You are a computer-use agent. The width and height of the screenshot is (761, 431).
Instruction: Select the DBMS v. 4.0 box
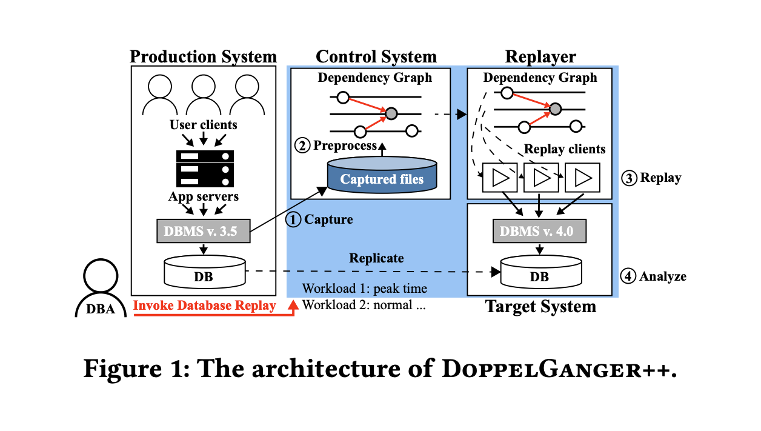tap(539, 231)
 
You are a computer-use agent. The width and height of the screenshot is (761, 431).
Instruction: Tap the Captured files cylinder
tap(382, 175)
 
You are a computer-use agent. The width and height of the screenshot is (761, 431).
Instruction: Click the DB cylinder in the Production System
tap(205, 272)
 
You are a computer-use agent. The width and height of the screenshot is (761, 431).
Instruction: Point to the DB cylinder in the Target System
tap(540, 272)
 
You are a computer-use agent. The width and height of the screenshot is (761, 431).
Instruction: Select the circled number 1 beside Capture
tap(294, 219)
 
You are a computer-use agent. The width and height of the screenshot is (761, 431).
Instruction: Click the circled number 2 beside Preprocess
tap(301, 145)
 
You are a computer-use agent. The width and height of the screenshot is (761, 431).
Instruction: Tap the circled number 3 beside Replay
tap(630, 178)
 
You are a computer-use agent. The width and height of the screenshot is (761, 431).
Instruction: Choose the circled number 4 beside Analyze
tap(630, 276)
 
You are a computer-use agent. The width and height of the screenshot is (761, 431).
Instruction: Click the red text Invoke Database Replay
tap(204, 306)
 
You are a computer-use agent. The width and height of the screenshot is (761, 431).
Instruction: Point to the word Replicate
tap(376, 258)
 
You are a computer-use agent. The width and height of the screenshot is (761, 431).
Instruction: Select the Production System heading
tap(203, 57)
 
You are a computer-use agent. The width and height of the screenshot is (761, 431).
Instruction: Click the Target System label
tap(540, 307)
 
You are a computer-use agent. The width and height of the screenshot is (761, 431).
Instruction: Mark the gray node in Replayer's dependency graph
tap(555, 109)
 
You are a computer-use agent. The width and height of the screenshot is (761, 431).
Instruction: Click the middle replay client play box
tap(540, 178)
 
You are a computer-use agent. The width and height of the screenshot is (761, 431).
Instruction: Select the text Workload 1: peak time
tap(365, 289)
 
